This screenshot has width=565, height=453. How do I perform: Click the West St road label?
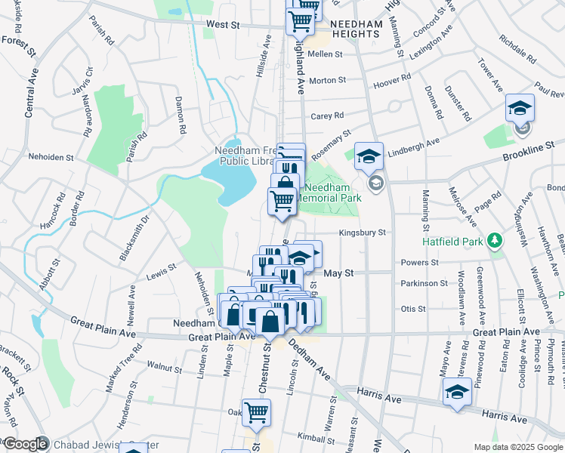pyautogui.click(x=223, y=25)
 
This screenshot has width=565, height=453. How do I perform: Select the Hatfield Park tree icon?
pyautogui.click(x=495, y=241)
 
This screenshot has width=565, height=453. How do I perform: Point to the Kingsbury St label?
pyautogui.click(x=363, y=233)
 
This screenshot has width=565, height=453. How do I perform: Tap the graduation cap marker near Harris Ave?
pyautogui.click(x=457, y=393)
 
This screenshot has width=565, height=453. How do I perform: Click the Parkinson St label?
pyautogui.click(x=424, y=283)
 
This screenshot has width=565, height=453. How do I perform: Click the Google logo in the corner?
pyautogui.click(x=24, y=444)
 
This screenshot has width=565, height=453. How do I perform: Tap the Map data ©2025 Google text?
pyautogui.click(x=517, y=447)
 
